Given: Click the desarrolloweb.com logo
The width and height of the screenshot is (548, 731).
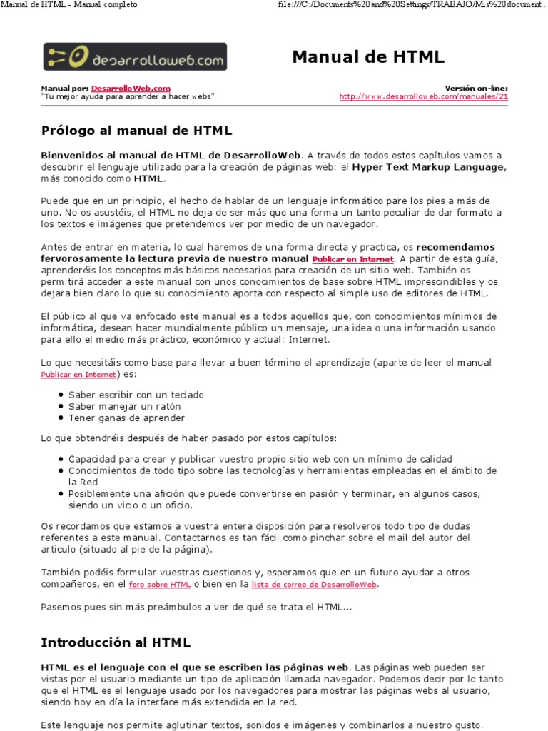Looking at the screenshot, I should (x=135, y=56).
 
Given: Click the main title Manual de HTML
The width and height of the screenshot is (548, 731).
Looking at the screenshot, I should (x=368, y=57).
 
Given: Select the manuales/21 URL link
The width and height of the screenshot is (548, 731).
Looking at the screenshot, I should (x=424, y=96).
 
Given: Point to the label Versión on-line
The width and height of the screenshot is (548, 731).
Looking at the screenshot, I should (x=476, y=88).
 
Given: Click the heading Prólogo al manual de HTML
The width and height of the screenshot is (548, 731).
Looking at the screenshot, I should (x=136, y=131).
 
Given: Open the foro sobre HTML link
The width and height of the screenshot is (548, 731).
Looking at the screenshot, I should (x=159, y=584).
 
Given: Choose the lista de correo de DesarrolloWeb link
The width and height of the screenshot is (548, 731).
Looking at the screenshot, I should (x=314, y=584).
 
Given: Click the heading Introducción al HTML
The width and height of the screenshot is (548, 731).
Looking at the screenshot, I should (x=116, y=642).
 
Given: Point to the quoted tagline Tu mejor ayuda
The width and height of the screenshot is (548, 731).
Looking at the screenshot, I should (x=127, y=96).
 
